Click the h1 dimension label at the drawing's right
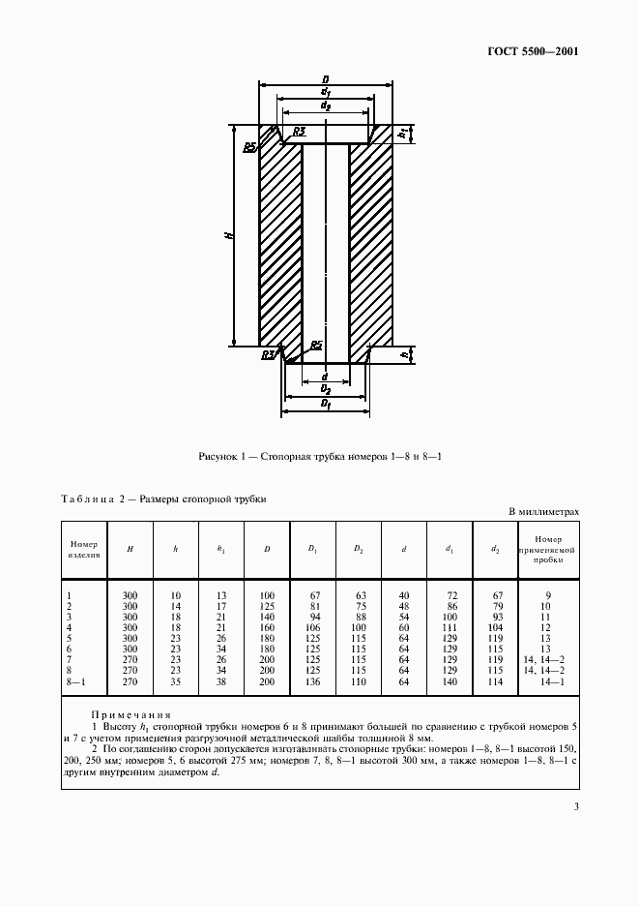402,135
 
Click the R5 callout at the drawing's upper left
249,146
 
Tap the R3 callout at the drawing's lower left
268,355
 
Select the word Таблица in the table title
85,499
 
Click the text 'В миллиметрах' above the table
543,512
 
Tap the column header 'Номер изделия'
84,549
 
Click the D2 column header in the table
359,549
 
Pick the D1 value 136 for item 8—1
312,683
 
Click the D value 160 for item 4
266,626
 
